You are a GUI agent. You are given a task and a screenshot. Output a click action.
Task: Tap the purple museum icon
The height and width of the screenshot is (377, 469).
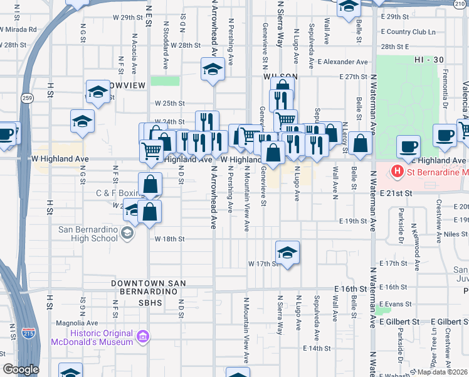(x=144, y=337)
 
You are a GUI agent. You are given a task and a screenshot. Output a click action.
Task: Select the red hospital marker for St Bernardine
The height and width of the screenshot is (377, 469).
(x=396, y=170)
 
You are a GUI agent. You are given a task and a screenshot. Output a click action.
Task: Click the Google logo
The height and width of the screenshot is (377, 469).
(x=20, y=369)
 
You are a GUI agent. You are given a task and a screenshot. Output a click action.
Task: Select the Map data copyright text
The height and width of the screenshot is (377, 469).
(x=442, y=372)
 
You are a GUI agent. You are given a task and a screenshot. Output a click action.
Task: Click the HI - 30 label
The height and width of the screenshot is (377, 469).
(x=429, y=59)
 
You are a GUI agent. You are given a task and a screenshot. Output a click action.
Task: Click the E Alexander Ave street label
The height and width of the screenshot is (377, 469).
(x=342, y=62)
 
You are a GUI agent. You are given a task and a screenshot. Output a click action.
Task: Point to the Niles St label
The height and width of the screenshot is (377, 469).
(x=455, y=234)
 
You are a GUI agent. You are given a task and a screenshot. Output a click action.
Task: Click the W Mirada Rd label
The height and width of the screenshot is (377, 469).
(x=18, y=29)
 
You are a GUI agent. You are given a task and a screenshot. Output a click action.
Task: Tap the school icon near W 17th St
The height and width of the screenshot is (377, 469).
(x=287, y=253)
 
